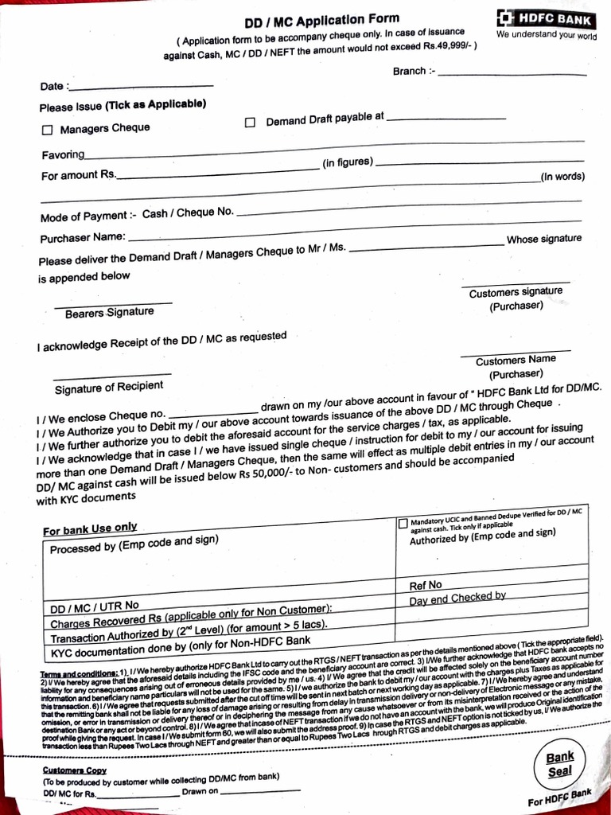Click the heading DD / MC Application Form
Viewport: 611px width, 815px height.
pyautogui.click(x=322, y=20)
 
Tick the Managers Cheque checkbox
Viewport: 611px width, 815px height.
pyautogui.click(x=47, y=130)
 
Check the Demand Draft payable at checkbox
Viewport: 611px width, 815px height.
pyautogui.click(x=250, y=123)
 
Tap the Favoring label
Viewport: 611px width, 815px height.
pyautogui.click(x=63, y=154)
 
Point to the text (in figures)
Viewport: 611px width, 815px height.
pyautogui.click(x=348, y=163)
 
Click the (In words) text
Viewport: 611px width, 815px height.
pyautogui.click(x=562, y=177)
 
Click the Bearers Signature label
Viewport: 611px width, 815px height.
pyautogui.click(x=109, y=313)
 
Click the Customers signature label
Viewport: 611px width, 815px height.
pyautogui.click(x=516, y=293)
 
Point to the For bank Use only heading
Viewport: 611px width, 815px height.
pyautogui.click(x=90, y=528)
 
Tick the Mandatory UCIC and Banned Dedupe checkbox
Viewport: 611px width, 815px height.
pyautogui.click(x=403, y=523)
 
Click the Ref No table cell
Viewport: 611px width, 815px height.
pyautogui.click(x=426, y=585)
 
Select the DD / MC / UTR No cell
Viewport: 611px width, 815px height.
pyautogui.click(x=95, y=607)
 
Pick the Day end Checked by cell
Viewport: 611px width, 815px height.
pyautogui.click(x=457, y=598)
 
